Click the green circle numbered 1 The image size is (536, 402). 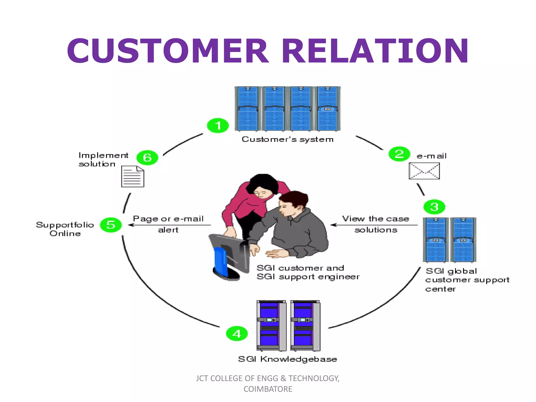[218, 126]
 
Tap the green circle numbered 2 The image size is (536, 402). [399, 154]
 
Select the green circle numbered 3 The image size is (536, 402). [434, 207]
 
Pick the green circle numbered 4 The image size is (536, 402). [237, 334]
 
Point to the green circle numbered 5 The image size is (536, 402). [111, 225]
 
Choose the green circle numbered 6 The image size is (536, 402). [147, 158]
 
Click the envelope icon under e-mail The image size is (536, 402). [424, 171]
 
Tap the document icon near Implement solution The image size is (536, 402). [133, 177]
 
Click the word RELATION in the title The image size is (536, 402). [375, 51]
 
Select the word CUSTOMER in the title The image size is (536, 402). [167, 51]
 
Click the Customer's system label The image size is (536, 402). [287, 139]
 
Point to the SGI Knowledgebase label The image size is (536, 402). [287, 359]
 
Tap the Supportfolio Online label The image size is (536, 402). [65, 229]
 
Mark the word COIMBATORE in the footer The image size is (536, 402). [268, 389]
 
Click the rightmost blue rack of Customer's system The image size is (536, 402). [328, 109]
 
